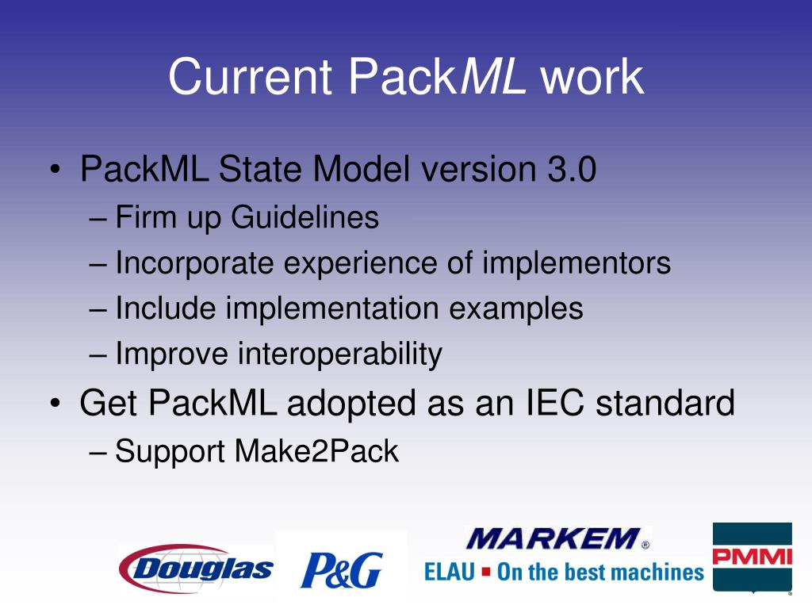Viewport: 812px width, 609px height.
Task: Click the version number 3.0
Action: click(x=569, y=170)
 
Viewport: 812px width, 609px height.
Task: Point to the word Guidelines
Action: click(x=305, y=217)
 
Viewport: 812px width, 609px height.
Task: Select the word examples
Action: click(x=517, y=308)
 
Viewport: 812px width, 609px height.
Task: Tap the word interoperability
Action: click(x=340, y=354)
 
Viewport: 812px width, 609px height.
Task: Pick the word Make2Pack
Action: click(x=316, y=451)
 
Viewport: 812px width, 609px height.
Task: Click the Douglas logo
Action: click(x=197, y=567)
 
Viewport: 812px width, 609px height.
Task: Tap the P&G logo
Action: click(x=341, y=569)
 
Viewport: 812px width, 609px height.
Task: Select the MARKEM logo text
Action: click(x=552, y=540)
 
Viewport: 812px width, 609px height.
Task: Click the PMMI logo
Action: click(x=752, y=557)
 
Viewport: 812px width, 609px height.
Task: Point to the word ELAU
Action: click(x=449, y=572)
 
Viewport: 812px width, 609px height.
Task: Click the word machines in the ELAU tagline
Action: click(x=662, y=572)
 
